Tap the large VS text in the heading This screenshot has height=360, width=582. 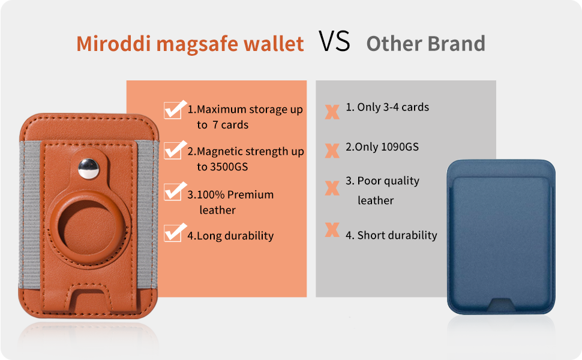pos(334,42)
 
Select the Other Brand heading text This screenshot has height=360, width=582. pos(425,44)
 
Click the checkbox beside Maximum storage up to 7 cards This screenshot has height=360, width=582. pos(173,110)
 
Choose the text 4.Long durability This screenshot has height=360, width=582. pos(230,236)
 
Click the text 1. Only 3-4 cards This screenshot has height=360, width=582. pos(387,107)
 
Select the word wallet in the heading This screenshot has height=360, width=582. pos(273,44)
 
